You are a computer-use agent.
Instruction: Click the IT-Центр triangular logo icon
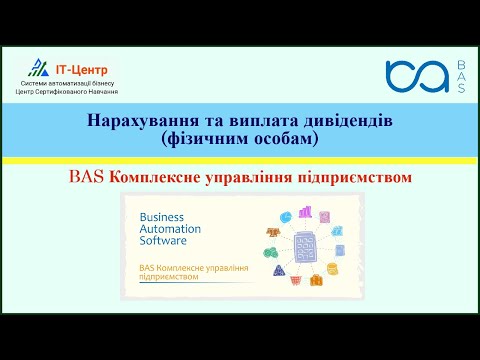tap(37, 68)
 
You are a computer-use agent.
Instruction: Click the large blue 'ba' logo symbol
tap(417, 76)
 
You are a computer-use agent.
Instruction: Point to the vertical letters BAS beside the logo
tap(460, 76)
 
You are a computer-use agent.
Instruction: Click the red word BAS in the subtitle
tap(87, 177)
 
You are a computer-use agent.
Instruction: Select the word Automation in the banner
tap(171, 229)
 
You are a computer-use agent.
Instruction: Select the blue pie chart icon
tap(285, 215)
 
